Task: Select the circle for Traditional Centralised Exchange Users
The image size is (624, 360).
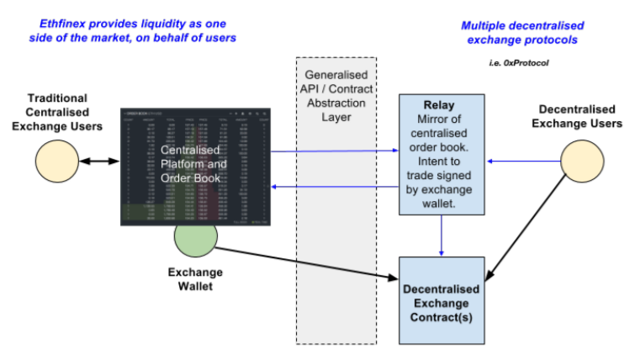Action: (55, 161)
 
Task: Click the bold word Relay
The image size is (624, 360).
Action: (442, 106)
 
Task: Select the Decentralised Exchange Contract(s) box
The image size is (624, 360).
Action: (442, 302)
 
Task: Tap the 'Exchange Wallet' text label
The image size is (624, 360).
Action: (195, 279)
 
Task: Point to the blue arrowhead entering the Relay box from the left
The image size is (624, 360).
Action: (394, 151)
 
